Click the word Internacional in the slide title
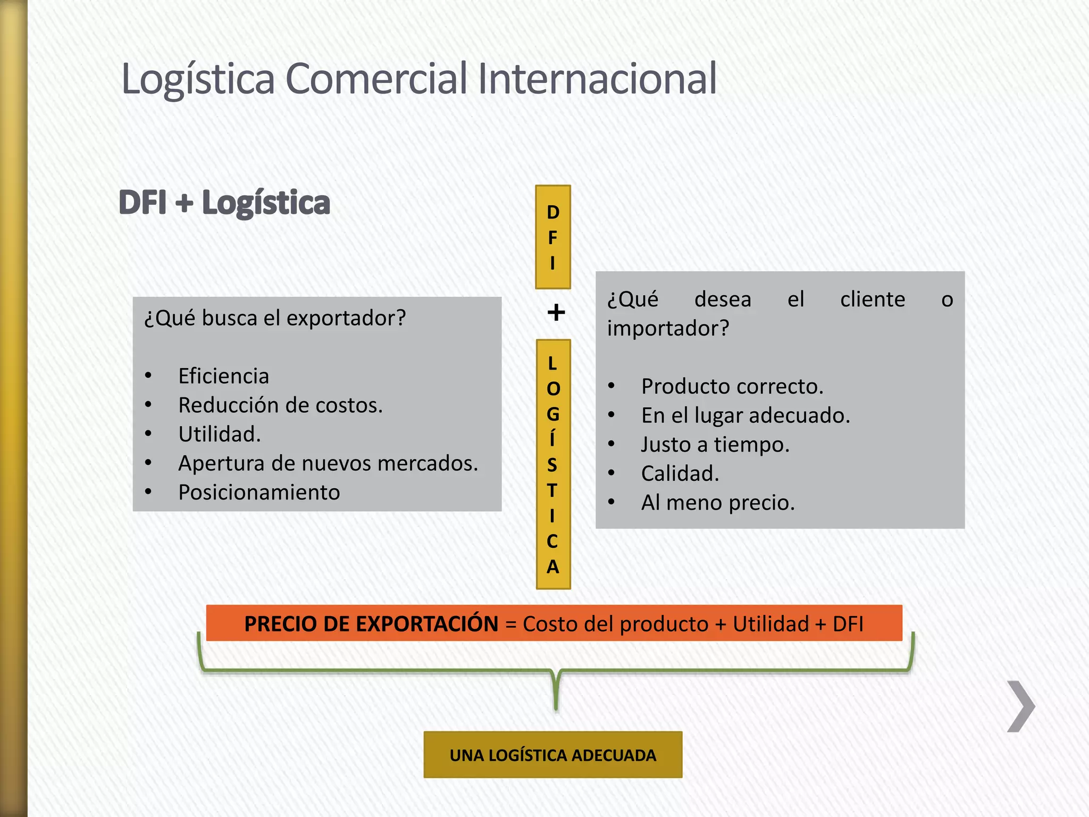click(x=597, y=79)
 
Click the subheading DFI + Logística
click(x=224, y=203)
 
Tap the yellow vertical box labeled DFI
click(x=553, y=237)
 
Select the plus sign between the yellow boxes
click(x=556, y=312)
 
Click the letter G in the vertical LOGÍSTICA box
click(x=553, y=414)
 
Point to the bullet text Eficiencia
click(x=224, y=376)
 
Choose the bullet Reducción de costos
click(x=280, y=405)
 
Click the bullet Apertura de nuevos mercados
click(x=328, y=463)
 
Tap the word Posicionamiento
click(x=259, y=493)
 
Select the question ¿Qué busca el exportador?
click(x=275, y=318)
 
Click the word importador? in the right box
click(x=668, y=328)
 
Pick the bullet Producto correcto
click(x=732, y=386)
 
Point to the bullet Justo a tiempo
click(x=715, y=445)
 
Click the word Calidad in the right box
click(x=680, y=473)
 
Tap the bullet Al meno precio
click(x=718, y=503)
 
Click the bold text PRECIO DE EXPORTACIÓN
click(x=371, y=624)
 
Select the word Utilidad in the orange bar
click(x=770, y=624)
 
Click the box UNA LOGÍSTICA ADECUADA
click(x=553, y=755)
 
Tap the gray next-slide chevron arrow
click(x=1021, y=706)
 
